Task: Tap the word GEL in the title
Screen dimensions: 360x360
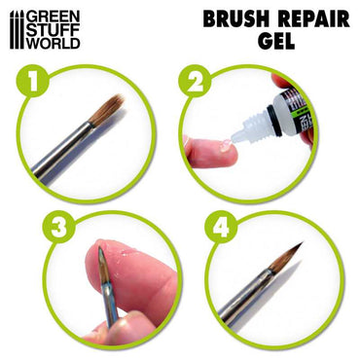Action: pyautogui.click(x=269, y=45)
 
